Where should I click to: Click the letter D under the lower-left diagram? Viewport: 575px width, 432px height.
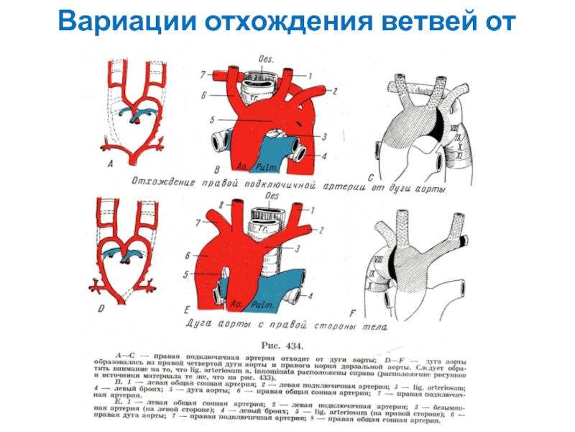tap(101, 307)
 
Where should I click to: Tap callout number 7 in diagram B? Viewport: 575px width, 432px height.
tap(203, 73)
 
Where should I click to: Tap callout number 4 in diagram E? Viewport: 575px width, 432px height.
tap(310, 295)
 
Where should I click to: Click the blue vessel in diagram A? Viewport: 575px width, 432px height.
tap(137, 112)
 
